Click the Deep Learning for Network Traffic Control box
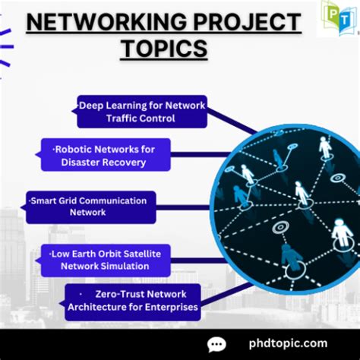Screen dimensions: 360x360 click(x=142, y=112)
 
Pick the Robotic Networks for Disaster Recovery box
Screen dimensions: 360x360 click(x=106, y=154)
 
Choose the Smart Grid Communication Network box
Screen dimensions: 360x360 click(x=91, y=207)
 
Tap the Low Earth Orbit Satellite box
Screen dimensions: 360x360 click(x=106, y=260)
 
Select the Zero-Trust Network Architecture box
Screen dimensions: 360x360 click(x=133, y=301)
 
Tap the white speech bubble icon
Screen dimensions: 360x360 click(x=217, y=345)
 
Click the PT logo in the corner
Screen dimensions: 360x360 click(x=337, y=17)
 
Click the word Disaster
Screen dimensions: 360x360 click(x=87, y=162)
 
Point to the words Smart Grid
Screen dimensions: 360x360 click(x=51, y=201)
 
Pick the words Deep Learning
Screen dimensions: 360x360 click(x=109, y=105)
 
